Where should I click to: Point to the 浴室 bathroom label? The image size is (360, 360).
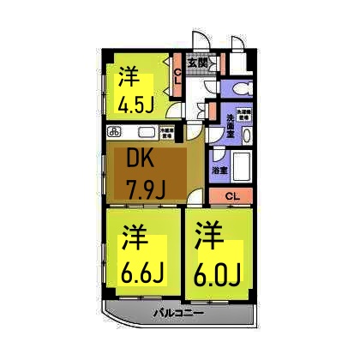(x=220, y=169)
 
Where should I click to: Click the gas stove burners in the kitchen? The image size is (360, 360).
(x=117, y=132)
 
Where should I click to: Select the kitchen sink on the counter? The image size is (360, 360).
(x=141, y=133)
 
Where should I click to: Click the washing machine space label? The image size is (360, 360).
(x=245, y=114)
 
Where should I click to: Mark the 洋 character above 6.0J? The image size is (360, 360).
(x=206, y=235)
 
